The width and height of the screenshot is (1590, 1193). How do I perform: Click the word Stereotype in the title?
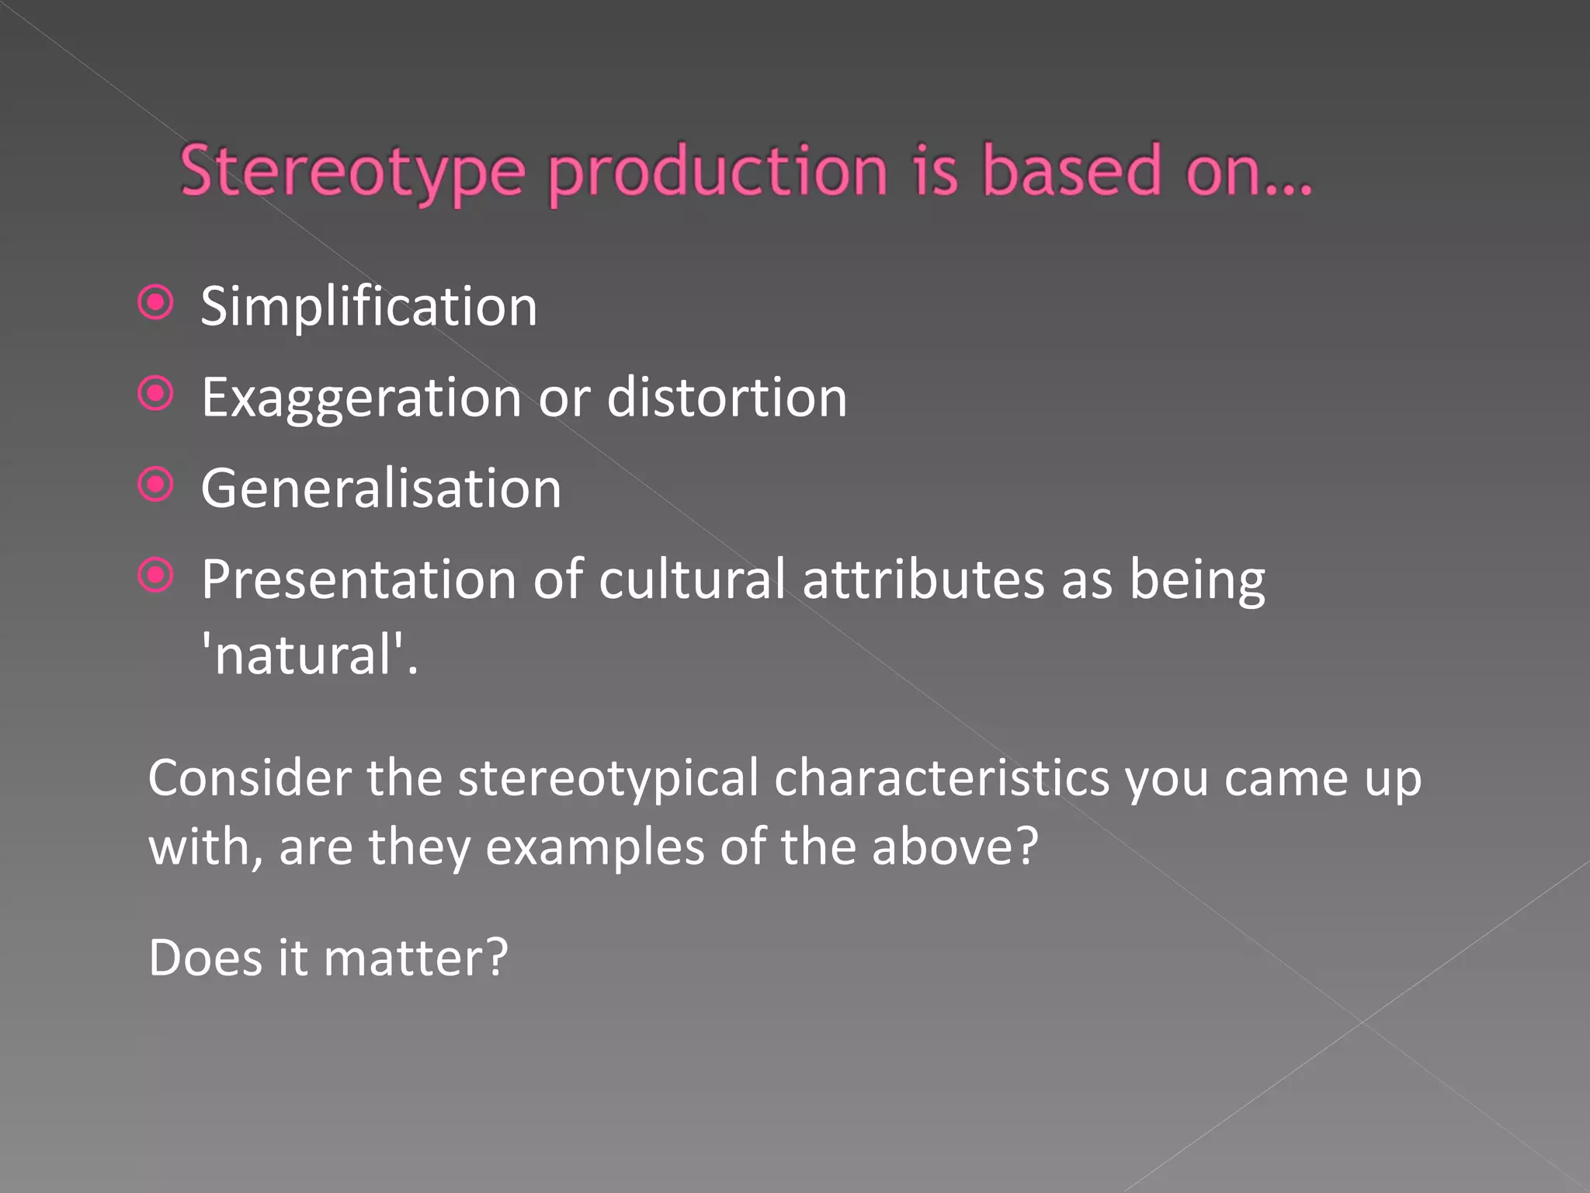[x=352, y=172]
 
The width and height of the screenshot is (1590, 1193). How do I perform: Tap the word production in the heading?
[x=718, y=172]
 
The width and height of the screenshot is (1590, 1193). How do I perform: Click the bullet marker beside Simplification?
[x=155, y=303]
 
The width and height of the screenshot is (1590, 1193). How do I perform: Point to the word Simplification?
[x=369, y=307]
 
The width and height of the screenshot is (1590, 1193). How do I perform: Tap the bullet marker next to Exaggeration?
[x=155, y=394]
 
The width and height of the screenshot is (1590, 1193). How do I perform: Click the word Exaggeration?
[x=362, y=398]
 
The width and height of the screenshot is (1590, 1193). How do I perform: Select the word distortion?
[x=727, y=397]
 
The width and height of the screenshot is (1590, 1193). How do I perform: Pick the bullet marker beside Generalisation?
[x=155, y=485]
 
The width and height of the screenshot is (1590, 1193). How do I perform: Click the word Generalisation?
[x=381, y=489]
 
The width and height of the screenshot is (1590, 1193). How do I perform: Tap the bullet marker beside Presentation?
[x=155, y=576]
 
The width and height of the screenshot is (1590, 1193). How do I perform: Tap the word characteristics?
[x=943, y=777]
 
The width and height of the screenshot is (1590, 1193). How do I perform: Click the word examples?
[x=595, y=847]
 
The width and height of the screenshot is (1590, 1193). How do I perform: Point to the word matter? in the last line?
[x=415, y=958]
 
